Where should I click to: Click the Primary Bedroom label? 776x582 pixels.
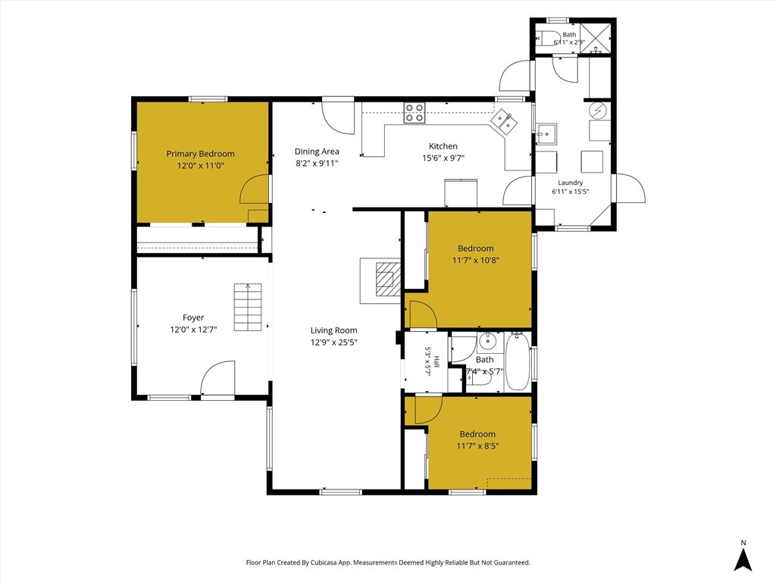pos(200,154)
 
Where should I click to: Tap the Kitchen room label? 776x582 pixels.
pos(443,146)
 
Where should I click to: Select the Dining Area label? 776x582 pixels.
pos(317,152)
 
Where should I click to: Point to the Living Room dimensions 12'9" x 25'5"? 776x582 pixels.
pos(334,343)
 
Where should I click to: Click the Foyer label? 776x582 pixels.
pos(193,318)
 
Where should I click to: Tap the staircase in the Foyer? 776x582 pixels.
pos(248,308)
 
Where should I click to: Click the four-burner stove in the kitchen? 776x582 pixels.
pos(415,112)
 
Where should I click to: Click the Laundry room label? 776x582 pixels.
pos(570,183)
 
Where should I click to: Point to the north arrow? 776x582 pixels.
pos(743,558)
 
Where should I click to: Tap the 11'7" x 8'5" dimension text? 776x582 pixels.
pos(477,446)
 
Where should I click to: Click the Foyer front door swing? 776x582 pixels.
pos(218,379)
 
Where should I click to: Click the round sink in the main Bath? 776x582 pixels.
pos(488,341)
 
